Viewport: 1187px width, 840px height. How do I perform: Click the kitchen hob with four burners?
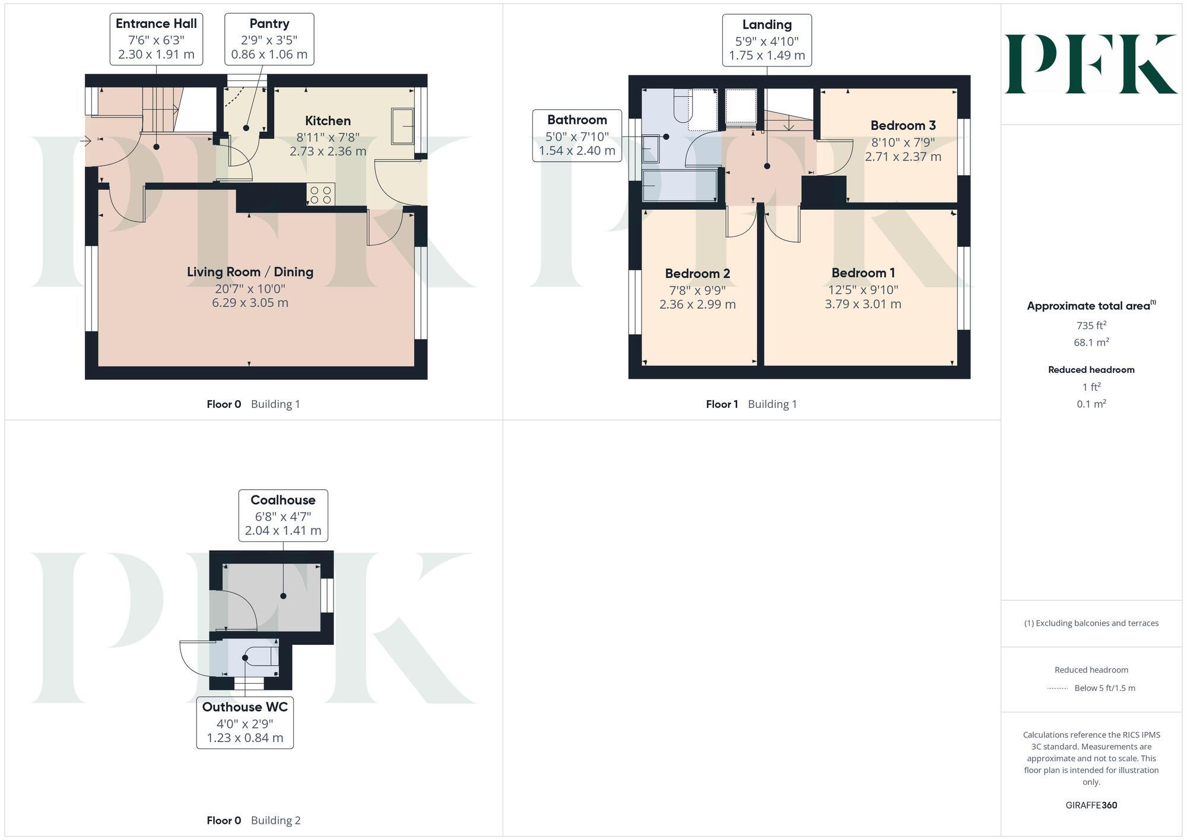320,195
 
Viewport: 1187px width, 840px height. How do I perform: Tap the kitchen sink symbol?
402,126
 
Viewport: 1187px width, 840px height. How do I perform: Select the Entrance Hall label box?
156,39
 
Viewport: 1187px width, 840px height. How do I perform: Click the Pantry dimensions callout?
269,39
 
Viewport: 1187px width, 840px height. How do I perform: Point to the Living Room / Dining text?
250,272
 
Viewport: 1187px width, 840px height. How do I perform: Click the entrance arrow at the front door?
85,141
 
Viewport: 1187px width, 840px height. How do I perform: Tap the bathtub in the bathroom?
679,186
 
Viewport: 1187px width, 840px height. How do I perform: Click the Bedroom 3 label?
903,125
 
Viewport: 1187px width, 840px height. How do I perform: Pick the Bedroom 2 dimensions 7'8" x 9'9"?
697,290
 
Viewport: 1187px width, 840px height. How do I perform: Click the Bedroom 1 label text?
863,273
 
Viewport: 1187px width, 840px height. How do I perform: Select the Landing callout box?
767,40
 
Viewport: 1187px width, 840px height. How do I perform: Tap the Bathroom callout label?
577,135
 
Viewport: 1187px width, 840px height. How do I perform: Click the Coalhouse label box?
283,515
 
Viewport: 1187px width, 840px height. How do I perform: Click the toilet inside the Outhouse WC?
265,657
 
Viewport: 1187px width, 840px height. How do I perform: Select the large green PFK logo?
1090,64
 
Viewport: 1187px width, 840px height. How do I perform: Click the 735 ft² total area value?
1091,325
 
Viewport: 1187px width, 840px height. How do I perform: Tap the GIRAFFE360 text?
1091,805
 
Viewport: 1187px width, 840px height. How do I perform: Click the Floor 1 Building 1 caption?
751,404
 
